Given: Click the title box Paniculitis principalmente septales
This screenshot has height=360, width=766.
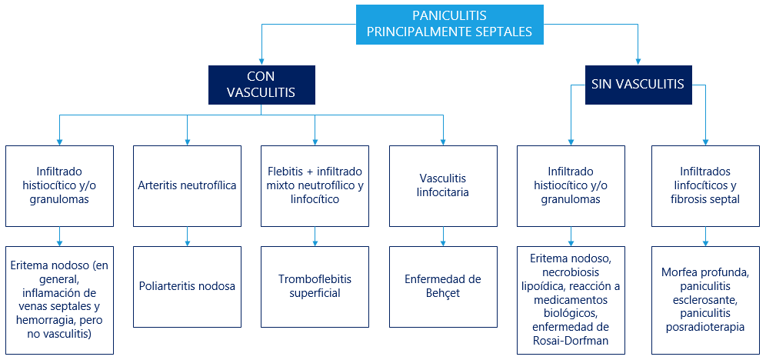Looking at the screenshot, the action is click(x=449, y=25).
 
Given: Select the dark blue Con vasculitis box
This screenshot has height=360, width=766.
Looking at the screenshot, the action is click(x=261, y=85).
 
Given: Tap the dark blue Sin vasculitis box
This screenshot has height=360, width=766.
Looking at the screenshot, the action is click(x=638, y=85).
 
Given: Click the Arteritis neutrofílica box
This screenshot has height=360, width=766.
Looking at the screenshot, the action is click(x=187, y=185).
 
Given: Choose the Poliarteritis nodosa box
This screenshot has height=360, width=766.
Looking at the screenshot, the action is click(x=187, y=286).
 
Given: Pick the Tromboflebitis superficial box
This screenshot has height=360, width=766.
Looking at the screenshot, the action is click(x=315, y=286).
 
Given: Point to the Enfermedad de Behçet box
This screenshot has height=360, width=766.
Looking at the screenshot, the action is click(x=443, y=286).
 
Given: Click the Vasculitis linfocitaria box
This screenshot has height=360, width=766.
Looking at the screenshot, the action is click(x=443, y=185).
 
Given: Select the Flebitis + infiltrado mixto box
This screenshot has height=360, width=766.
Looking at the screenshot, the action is click(x=315, y=185).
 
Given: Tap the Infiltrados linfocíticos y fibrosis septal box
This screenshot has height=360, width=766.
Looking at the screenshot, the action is click(x=705, y=185).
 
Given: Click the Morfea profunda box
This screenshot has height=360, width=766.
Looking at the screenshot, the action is click(x=705, y=300).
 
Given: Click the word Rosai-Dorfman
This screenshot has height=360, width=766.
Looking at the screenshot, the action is click(x=571, y=341).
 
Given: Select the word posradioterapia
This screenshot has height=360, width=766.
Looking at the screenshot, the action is click(x=705, y=327).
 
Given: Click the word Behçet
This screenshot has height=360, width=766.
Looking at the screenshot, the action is click(x=443, y=293).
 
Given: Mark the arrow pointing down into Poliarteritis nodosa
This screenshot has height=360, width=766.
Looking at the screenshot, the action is click(x=187, y=236).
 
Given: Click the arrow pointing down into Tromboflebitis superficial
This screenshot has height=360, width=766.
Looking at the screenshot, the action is click(x=315, y=236).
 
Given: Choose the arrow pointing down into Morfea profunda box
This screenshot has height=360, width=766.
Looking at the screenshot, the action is click(x=705, y=236).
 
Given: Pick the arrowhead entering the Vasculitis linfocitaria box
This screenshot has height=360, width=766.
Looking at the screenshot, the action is click(x=443, y=142).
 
